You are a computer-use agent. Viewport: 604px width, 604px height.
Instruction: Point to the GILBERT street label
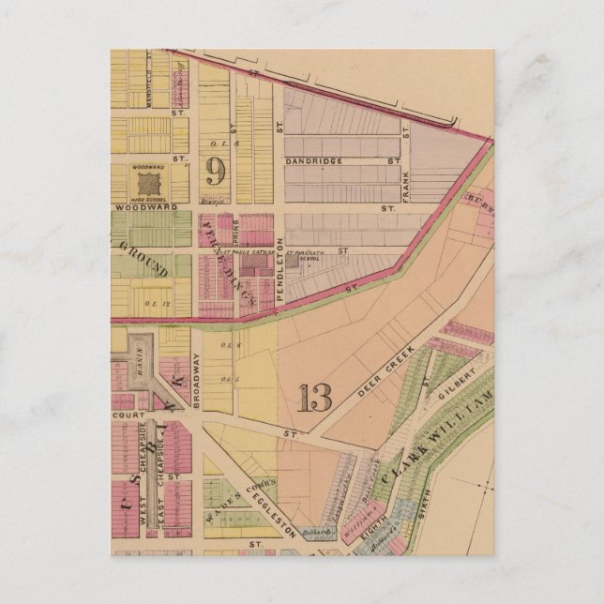(x=459, y=385)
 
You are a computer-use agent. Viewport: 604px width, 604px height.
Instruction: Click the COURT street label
(x=125, y=413)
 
